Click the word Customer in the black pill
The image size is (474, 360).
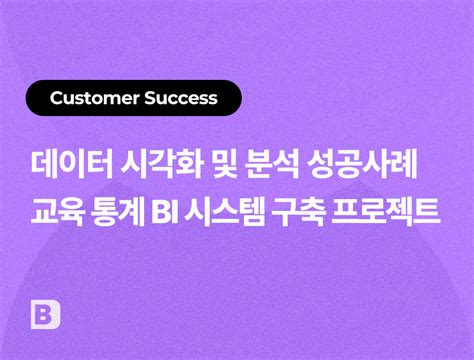94,98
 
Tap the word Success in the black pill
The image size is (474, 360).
181,98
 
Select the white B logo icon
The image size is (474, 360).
45,315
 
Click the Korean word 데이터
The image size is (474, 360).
72,165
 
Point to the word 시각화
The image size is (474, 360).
162,165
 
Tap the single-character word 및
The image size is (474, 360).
224,165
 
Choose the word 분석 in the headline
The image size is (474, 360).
271,165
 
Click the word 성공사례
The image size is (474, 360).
362,165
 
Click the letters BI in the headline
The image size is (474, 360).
164,212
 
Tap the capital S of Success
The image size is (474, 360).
151,98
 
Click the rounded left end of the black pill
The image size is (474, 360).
31,98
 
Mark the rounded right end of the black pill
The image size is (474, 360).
237,98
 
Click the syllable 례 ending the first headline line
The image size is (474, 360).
404,165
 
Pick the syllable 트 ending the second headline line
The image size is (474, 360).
427,212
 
